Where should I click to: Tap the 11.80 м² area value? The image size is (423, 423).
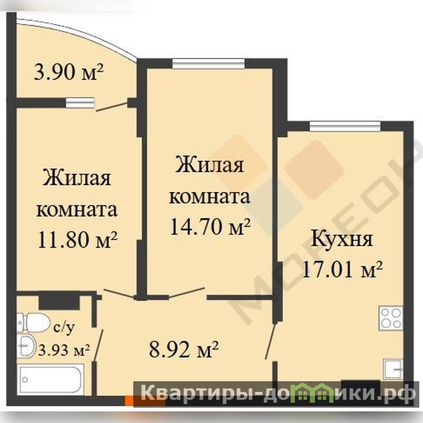click(78, 240)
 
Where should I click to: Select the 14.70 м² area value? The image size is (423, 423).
click(210, 227)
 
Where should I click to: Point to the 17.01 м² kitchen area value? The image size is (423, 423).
click(342, 269)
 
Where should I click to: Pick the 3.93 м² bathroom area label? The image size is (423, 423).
click(64, 351)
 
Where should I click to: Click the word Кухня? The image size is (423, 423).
click(342, 240)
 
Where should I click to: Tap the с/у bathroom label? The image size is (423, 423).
click(64, 327)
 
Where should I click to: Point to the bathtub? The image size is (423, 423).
click(50, 380)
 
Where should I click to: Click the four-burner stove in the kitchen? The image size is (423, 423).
click(391, 318)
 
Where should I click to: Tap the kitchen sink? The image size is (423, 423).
click(393, 369)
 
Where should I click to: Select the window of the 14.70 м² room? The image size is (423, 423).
click(209, 63)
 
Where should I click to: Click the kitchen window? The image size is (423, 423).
click(345, 126)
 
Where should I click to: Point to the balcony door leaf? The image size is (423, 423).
click(112, 106)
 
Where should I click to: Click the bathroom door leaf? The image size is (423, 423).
click(98, 345)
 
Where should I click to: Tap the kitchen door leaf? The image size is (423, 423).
click(270, 341)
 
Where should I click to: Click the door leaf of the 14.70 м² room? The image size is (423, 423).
click(187, 293)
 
